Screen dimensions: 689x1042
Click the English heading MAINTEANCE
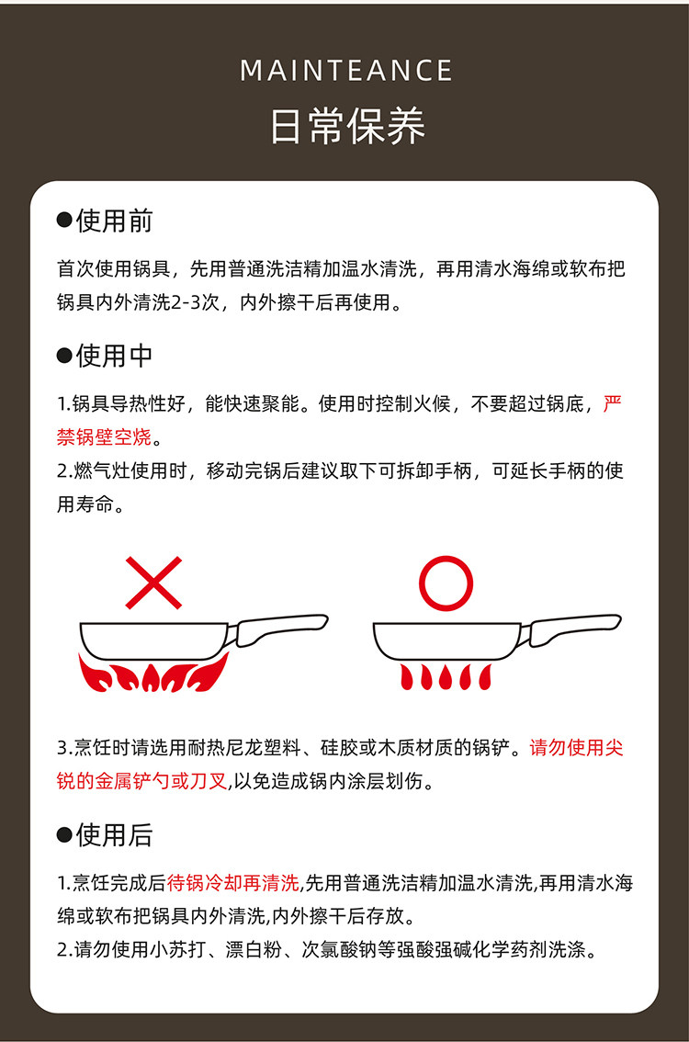pos(345,71)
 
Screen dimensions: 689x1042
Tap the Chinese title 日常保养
pos(347,125)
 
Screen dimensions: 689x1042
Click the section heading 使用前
pos(114,221)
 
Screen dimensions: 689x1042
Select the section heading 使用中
pos(114,356)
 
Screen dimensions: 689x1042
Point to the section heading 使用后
pos(114,834)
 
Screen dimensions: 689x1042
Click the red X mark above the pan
pos(153,583)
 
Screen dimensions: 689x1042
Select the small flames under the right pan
pos(446,676)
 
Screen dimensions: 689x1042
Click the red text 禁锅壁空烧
pos(105,436)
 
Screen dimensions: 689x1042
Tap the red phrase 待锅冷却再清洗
pos(233,882)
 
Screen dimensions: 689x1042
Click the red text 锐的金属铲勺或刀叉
pos(142,781)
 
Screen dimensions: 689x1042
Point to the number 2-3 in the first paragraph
pos(186,302)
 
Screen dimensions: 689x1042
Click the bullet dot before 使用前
pos(64,221)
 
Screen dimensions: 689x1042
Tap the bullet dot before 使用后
pos(64,834)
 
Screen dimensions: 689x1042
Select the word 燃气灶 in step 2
pos(101,470)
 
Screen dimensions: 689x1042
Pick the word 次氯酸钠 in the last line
pos(340,949)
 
